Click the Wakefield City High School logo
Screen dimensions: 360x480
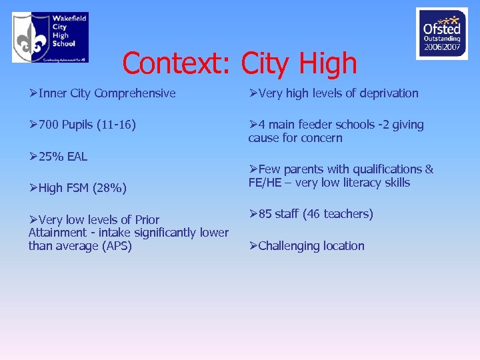(50, 37)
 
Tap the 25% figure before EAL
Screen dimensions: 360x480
(51, 157)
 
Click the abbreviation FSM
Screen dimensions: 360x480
(77, 189)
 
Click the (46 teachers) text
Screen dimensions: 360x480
(337, 214)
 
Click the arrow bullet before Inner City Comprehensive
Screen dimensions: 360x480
(33, 93)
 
